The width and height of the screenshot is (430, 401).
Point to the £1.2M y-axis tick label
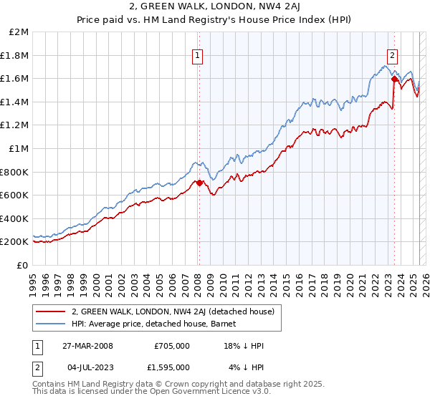tap(15, 125)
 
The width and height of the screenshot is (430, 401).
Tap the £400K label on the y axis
tap(15, 218)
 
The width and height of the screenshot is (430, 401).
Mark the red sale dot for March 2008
tap(199, 183)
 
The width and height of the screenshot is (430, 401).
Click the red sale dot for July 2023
tap(394, 79)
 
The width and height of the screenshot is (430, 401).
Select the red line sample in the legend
tap(50, 311)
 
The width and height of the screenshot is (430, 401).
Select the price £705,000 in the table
tap(171, 346)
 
